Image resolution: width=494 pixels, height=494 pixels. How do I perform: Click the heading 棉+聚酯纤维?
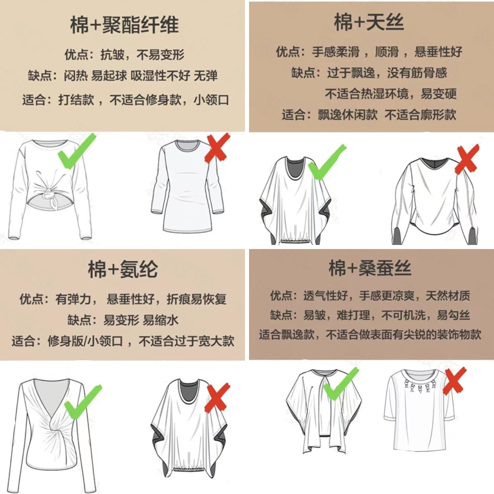point(124,25)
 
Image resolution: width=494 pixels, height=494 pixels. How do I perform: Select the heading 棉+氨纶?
point(123,270)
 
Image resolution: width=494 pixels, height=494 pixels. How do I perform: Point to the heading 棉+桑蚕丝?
point(370,268)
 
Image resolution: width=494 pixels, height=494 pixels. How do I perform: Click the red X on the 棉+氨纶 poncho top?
point(217,397)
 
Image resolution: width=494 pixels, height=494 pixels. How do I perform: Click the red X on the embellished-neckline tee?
point(454,381)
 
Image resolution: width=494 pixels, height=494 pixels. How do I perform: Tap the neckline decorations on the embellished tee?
point(420,386)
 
